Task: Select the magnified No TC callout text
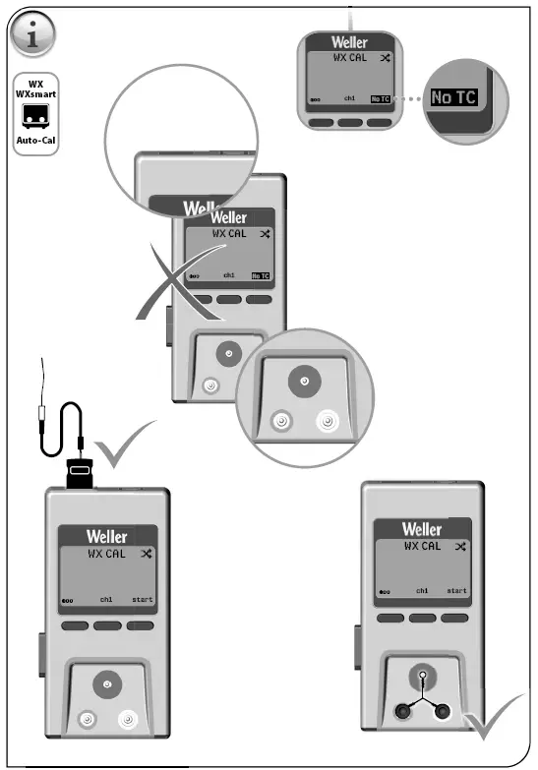pos(453,98)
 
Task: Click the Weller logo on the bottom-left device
pos(106,537)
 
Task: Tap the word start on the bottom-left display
pos(143,599)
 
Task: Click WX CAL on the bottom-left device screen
pos(108,554)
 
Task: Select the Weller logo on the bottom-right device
pos(422,529)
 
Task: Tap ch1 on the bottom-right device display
pos(422,590)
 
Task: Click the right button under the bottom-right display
pos(454,617)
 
